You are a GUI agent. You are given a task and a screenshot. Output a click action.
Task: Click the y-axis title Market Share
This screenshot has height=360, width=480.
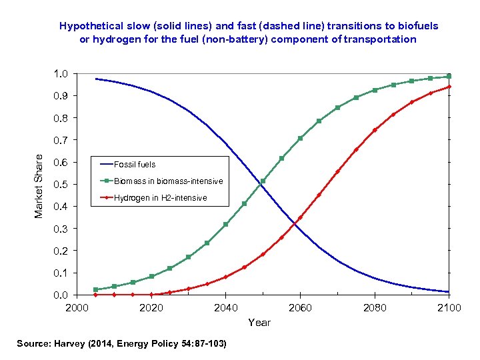point(39,185)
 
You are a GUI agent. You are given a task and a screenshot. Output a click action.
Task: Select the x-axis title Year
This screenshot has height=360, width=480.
point(259,323)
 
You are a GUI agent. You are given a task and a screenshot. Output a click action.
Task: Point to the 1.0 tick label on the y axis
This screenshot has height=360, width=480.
point(60,73)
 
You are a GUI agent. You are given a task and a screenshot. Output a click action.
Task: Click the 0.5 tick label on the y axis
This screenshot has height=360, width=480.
point(60,184)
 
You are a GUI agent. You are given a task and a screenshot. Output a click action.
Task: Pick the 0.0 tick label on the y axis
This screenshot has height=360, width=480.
point(60,295)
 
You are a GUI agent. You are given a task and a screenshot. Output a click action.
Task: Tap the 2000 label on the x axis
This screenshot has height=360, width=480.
point(77,307)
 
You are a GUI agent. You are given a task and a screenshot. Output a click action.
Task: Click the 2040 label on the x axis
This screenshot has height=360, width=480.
point(226,307)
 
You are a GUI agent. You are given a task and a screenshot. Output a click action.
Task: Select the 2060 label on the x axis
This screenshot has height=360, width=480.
point(300,307)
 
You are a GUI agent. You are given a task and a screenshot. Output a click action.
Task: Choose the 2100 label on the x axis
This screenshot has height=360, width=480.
point(449,307)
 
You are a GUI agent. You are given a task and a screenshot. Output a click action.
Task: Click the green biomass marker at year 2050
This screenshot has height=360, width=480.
point(263,181)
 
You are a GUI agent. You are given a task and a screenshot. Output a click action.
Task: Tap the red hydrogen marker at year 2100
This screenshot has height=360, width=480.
point(449,87)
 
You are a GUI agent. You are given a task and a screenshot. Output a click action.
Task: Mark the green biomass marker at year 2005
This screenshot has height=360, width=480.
point(96,289)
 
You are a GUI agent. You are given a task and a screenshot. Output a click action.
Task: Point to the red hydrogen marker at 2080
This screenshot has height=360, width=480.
point(375,130)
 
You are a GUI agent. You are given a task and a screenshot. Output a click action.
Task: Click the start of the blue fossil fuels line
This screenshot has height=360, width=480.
point(96,79)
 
